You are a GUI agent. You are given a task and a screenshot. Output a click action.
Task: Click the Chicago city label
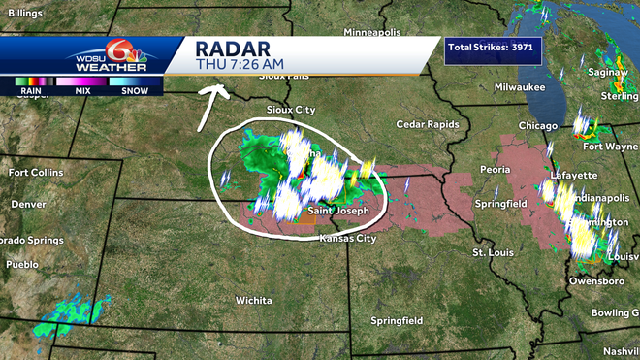pos(537,126)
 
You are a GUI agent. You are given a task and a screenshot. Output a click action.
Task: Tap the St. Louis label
pos(493,252)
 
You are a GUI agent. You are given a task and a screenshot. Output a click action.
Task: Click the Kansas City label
pos(347,238)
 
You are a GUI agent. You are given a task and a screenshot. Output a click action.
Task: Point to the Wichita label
pos(254,300)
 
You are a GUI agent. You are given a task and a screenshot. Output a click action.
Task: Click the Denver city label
pos(28,204)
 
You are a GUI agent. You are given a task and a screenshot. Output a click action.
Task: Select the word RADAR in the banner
pos(232,49)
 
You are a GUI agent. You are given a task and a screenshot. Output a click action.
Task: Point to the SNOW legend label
pos(136,90)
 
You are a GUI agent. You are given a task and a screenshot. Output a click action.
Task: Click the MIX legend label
pos(82,90)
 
